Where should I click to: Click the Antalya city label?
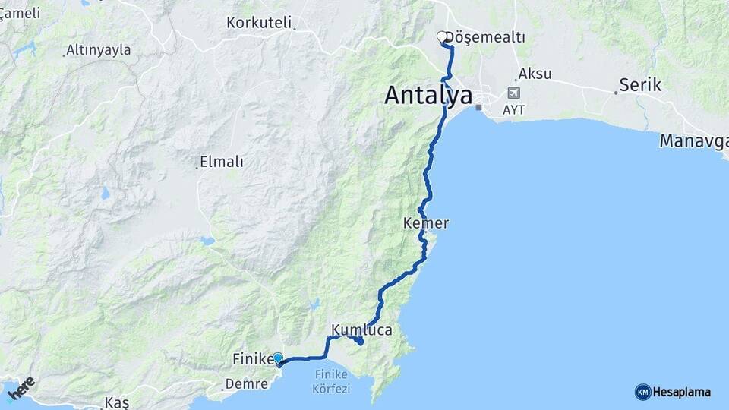point(428,95)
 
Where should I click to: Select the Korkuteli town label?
point(259,23)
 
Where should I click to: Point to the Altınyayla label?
point(99,50)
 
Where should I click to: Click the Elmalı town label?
point(221,162)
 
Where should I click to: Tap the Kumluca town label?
point(361,330)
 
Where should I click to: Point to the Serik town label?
point(640,85)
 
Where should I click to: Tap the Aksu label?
point(535,74)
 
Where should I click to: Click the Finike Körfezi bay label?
point(331,381)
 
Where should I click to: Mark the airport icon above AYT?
point(514,93)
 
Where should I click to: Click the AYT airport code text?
point(514,110)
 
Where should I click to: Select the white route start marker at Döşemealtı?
point(441,36)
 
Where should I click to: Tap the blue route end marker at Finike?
point(278,358)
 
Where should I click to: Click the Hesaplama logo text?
point(682,392)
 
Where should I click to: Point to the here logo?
point(21,388)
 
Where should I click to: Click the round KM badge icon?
point(642,392)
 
